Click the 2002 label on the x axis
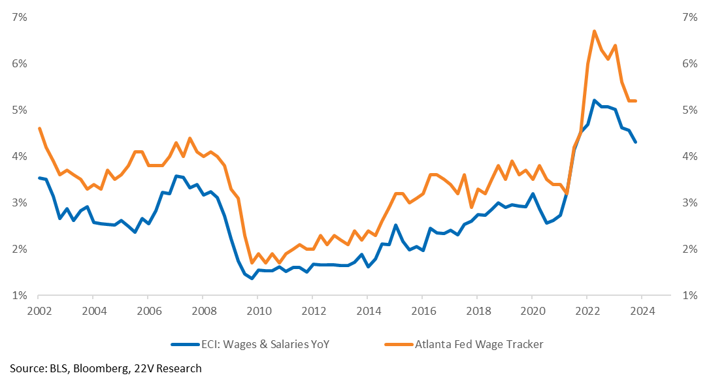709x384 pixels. pyautogui.click(x=40, y=312)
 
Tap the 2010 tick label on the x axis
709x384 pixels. pyautogui.click(x=259, y=312)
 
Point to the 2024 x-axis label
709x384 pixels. pyautogui.click(x=642, y=312)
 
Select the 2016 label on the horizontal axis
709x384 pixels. pyautogui.click(x=423, y=312)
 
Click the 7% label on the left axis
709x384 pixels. pyautogui.click(x=20, y=17)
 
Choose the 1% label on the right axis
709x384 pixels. pyautogui.click(x=689, y=295)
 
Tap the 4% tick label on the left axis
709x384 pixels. pyautogui.click(x=20, y=156)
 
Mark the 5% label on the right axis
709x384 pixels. pyautogui.click(x=689, y=110)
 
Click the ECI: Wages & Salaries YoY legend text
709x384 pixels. pyautogui.click(x=265, y=344)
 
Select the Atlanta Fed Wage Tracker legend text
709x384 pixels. pyautogui.click(x=479, y=344)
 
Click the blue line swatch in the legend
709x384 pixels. pyautogui.click(x=185, y=345)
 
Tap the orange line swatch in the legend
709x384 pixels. pyautogui.click(x=399, y=345)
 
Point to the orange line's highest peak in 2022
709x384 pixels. pyautogui.click(x=594, y=31)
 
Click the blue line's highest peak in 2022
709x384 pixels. pyautogui.click(x=594, y=101)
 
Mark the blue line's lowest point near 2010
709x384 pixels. pyautogui.click(x=252, y=278)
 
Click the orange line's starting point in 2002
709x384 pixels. pyautogui.click(x=39, y=128)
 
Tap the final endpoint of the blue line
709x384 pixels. pyautogui.click(x=636, y=142)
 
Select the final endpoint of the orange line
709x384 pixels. pyautogui.click(x=636, y=101)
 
